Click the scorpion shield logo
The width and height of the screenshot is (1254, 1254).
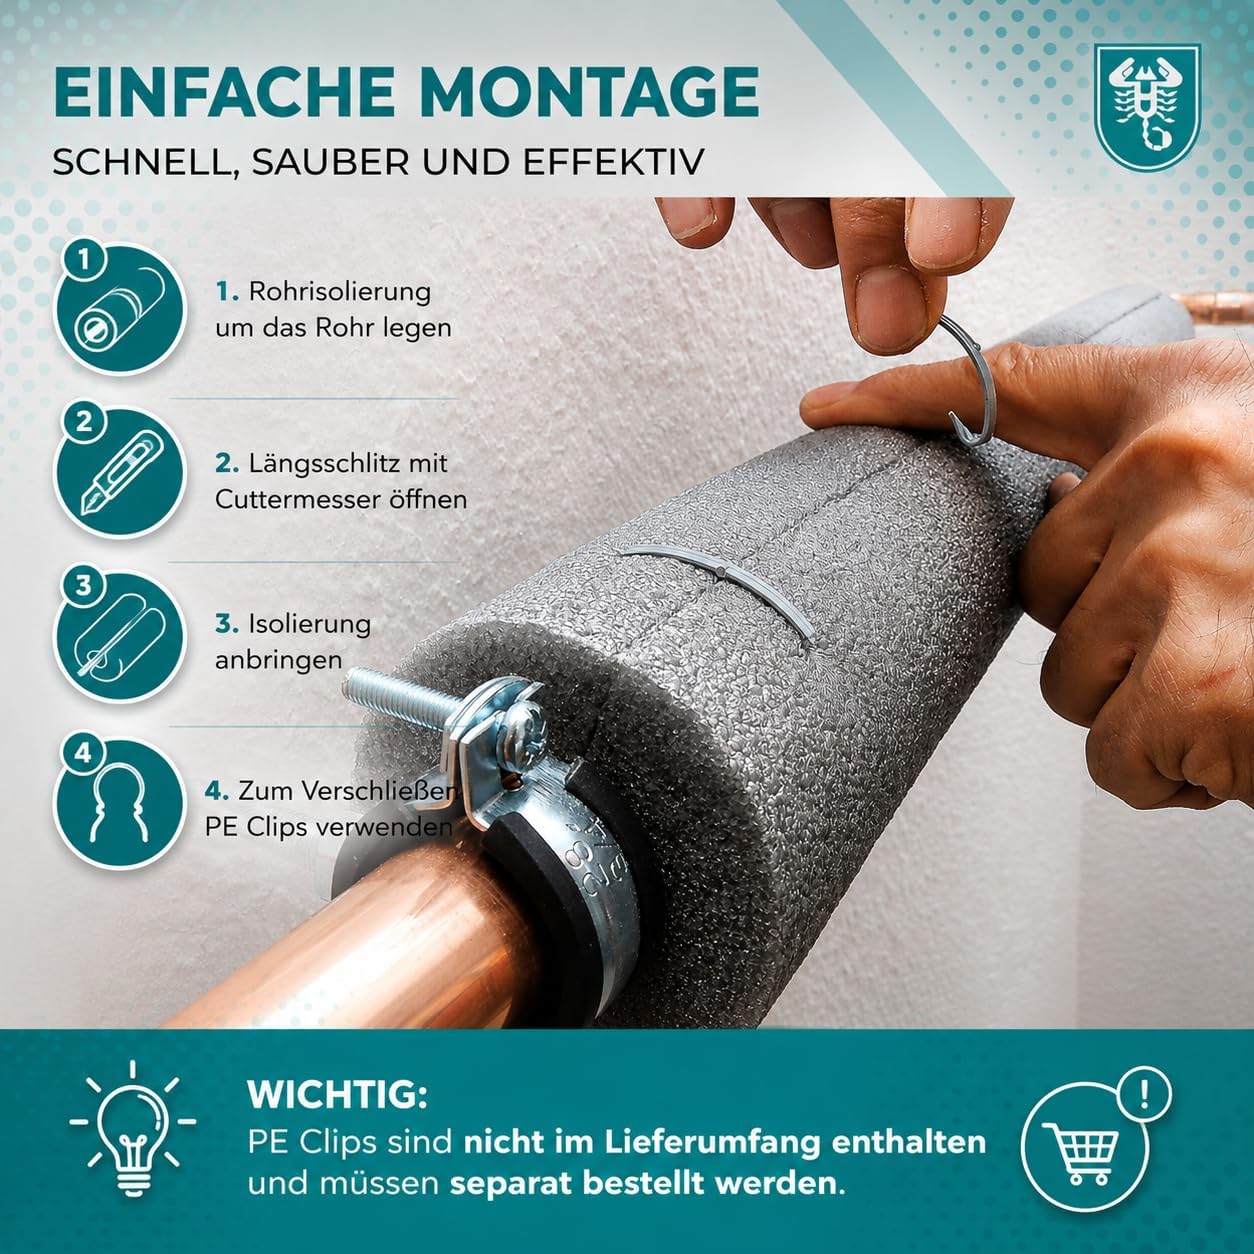pos(1147,107)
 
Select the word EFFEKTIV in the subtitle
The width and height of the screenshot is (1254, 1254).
pos(613,162)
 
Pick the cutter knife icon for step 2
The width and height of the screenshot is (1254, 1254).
pos(120,473)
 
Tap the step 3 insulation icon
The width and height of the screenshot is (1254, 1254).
pos(120,636)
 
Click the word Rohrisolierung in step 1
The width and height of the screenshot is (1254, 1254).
pos(340,292)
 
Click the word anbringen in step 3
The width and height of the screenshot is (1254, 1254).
pos(279,660)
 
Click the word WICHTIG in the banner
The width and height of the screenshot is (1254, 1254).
pos(338,1095)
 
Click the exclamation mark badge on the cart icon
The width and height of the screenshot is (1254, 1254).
pos(1143,1095)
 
